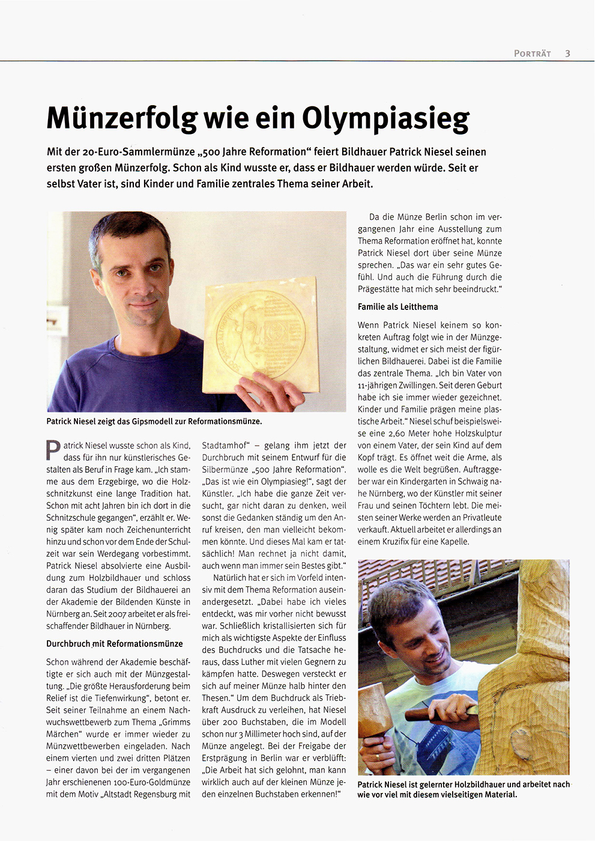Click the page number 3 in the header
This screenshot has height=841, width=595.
click(567, 53)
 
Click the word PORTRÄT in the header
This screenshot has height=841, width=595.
click(532, 53)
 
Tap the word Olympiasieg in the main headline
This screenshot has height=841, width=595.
click(385, 118)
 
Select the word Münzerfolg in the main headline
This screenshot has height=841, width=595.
click(121, 118)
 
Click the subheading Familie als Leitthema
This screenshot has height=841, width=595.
click(397, 306)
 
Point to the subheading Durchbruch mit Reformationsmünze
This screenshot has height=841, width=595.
click(114, 643)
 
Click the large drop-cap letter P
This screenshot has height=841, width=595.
click(53, 451)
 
